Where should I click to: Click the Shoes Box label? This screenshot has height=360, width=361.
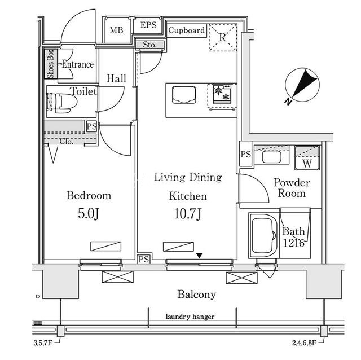(50, 64)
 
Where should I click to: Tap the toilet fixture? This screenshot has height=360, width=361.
(61, 103)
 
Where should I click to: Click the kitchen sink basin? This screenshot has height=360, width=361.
(184, 95)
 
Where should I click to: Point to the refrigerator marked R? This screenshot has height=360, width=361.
(223, 37)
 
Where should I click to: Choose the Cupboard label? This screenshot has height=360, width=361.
(187, 30)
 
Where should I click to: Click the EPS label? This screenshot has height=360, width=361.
(148, 25)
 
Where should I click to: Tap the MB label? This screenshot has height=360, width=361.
(117, 30)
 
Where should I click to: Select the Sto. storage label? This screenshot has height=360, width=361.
(149, 45)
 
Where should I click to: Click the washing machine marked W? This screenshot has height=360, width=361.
(307, 158)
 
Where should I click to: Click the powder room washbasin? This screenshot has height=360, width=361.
(272, 157)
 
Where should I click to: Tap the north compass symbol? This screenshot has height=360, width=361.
(302, 85)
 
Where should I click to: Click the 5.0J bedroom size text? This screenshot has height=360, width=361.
(89, 214)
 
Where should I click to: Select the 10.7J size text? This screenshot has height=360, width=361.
(188, 214)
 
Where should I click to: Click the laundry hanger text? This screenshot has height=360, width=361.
(190, 317)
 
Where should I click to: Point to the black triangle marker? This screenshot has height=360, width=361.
(200, 256)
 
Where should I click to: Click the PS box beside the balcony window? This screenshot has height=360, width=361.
(144, 260)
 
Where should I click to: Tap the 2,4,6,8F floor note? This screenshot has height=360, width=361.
(304, 343)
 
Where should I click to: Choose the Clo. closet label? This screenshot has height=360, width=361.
(67, 142)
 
